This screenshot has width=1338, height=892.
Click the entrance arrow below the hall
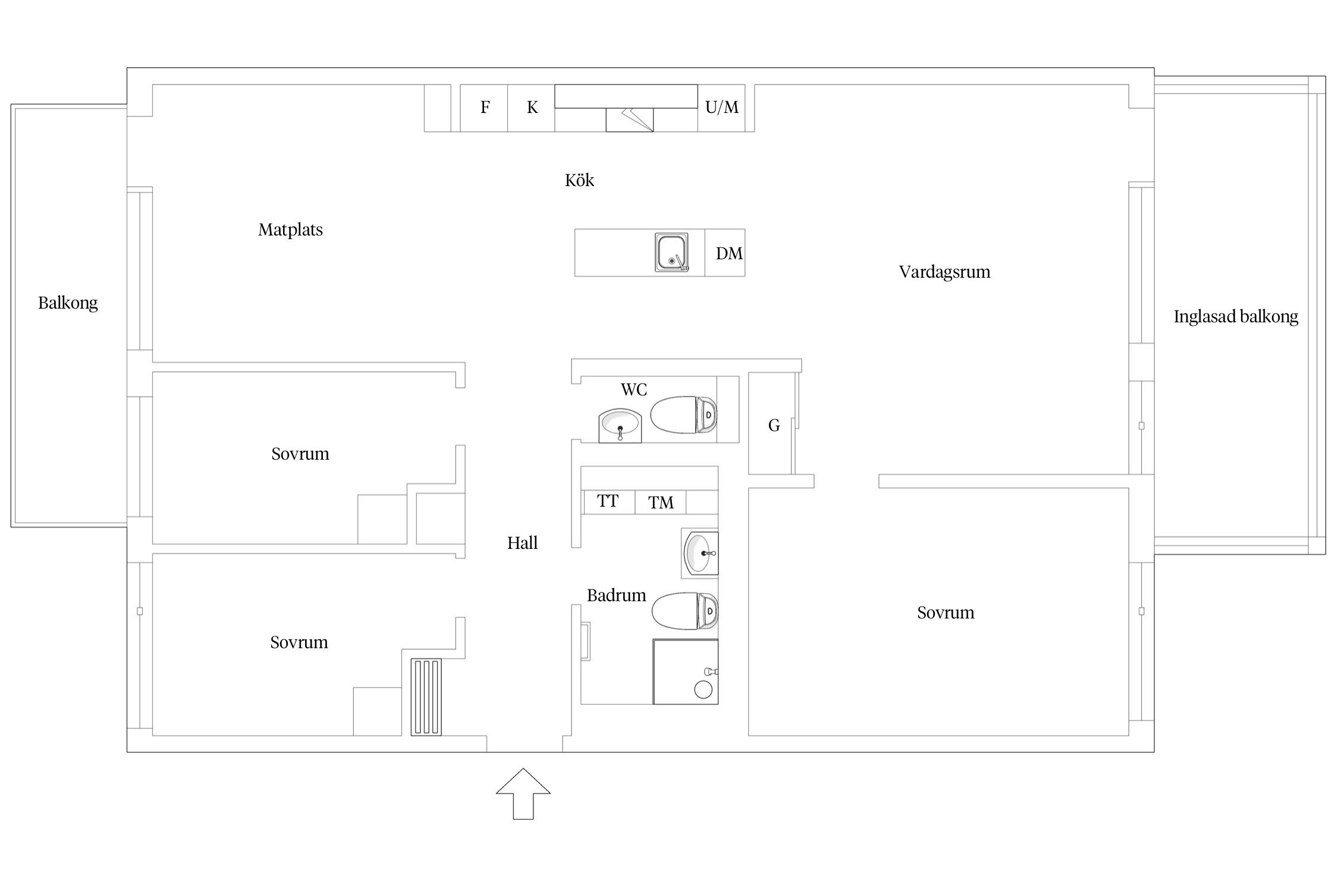(x=523, y=794)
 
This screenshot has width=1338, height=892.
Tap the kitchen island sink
(x=672, y=252)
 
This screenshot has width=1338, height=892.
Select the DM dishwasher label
(x=729, y=253)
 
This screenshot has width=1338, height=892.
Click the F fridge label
(x=485, y=107)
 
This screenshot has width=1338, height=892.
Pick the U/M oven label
(x=722, y=107)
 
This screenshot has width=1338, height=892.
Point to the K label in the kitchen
(x=532, y=107)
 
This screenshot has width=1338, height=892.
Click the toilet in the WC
(x=684, y=414)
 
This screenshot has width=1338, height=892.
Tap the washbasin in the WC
(x=620, y=425)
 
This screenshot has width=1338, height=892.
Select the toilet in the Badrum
(x=685, y=611)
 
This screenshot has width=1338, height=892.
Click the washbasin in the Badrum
(x=701, y=553)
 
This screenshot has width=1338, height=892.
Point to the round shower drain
(x=703, y=690)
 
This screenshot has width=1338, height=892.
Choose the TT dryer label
(x=608, y=501)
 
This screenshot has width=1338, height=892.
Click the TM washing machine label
(x=661, y=503)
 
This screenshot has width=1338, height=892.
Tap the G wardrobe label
(x=774, y=425)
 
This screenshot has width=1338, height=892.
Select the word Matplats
(x=290, y=230)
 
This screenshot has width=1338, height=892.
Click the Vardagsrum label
(x=944, y=272)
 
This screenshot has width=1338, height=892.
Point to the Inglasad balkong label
(x=1236, y=317)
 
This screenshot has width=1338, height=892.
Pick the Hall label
(x=522, y=543)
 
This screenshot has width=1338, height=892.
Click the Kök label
(x=579, y=180)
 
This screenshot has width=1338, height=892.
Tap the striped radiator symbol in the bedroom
(x=426, y=697)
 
